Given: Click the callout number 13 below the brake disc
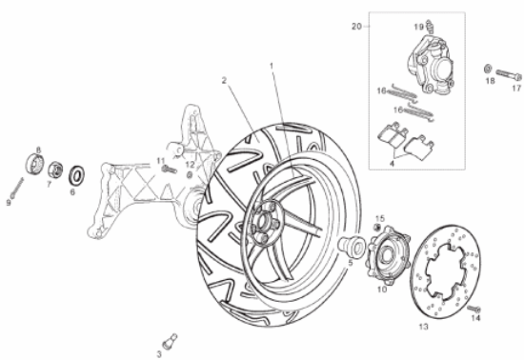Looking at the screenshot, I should [423, 325].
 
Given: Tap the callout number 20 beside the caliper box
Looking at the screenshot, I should [356, 26].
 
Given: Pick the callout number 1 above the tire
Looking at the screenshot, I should [272, 66].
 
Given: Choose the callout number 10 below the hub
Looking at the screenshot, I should [382, 289].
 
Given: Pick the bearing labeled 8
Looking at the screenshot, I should [38, 164].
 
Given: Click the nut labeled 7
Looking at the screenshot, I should [54, 170].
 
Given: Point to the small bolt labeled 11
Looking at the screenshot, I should [171, 170].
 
